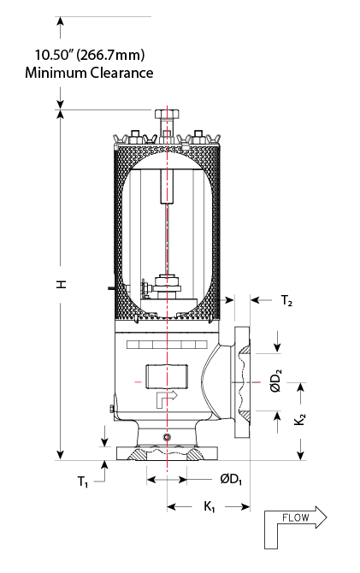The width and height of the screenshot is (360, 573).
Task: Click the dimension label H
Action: point(62,284)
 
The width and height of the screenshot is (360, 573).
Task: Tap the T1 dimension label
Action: point(83,481)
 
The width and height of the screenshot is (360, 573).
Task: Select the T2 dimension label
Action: point(286,301)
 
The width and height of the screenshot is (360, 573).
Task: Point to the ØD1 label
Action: point(231,479)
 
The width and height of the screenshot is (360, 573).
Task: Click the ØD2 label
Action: point(277,381)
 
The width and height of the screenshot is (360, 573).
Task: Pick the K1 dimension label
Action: point(209,506)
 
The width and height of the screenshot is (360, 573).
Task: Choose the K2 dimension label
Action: point(299,419)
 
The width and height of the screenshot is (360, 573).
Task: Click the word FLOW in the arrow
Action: point(296,517)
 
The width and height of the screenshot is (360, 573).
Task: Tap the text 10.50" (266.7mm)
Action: point(90,56)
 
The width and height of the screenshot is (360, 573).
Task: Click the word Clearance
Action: point(121,73)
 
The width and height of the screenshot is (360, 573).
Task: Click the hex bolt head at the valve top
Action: point(168,114)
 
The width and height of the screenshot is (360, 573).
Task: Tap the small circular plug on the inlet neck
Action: point(167,437)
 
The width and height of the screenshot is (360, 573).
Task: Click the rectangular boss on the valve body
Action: point(167,376)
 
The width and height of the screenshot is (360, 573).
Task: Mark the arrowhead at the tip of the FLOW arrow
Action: point(321,517)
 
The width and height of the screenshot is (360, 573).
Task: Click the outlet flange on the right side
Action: point(242,382)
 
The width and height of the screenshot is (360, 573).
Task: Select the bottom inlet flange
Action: point(167,453)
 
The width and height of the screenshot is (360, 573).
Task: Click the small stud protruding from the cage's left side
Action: point(111,288)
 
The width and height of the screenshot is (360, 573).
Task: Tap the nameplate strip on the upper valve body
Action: point(167,345)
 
